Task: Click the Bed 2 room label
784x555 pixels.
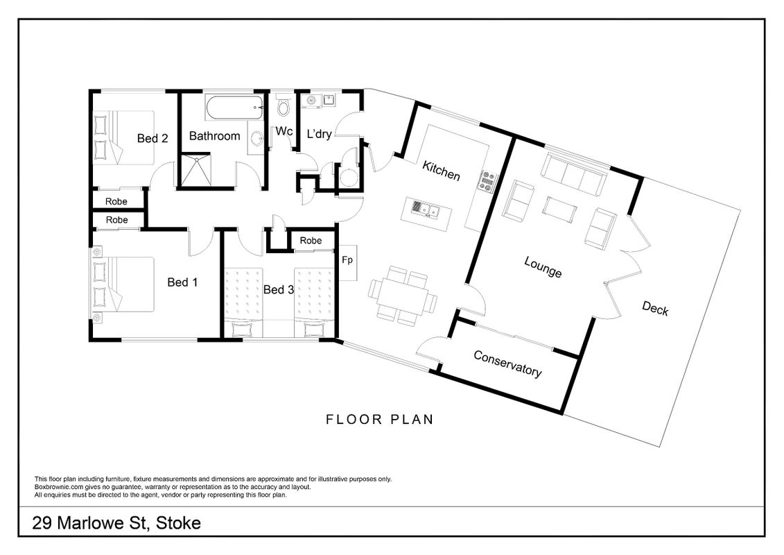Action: click(x=153, y=138)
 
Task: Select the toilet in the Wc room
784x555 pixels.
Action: click(x=284, y=105)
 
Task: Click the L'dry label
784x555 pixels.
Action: click(x=319, y=134)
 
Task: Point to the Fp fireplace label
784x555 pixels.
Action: click(x=347, y=259)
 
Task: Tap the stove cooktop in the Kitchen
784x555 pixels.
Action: click(x=487, y=180)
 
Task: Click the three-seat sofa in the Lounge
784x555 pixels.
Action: click(x=574, y=175)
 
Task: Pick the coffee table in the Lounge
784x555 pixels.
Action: click(x=559, y=210)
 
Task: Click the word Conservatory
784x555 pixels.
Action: click(x=507, y=364)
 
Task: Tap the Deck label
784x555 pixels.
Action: click(x=655, y=308)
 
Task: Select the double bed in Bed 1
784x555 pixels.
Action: click(x=123, y=284)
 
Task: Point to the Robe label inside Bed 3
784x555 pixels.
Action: click(x=311, y=241)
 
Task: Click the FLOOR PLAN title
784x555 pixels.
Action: click(x=380, y=420)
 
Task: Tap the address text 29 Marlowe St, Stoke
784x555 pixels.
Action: click(x=116, y=524)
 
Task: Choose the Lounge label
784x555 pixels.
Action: click(x=543, y=266)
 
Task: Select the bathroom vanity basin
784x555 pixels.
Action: click(x=256, y=138)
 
